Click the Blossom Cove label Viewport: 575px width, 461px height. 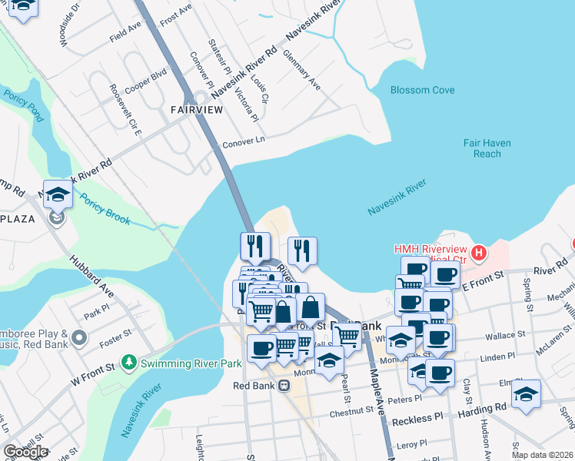pyautogui.click(x=422, y=90)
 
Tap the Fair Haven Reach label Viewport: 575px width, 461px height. pyautogui.click(x=483, y=148)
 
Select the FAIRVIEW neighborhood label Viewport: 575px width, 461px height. pyautogui.click(x=197, y=110)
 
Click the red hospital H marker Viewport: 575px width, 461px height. pyautogui.click(x=479, y=252)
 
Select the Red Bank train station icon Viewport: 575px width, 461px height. pyautogui.click(x=284, y=385)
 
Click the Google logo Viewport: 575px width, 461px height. pyautogui.click(x=25, y=452)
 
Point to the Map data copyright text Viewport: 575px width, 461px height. pyautogui.click(x=543, y=455)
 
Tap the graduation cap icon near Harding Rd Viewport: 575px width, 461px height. pyautogui.click(x=526, y=394)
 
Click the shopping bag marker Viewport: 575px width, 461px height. pyautogui.click(x=310, y=307)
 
